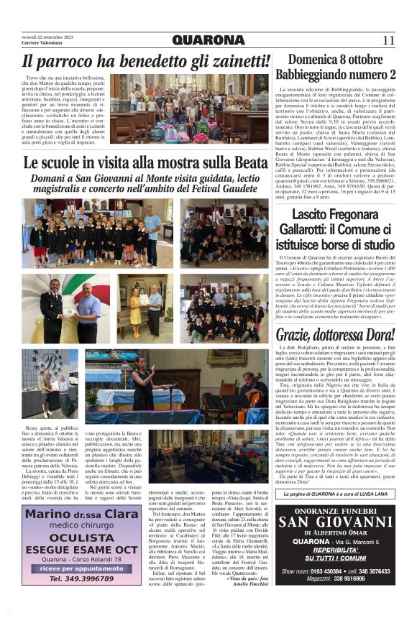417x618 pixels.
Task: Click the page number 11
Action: [388, 40]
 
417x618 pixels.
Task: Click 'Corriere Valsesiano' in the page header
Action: [42, 45]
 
